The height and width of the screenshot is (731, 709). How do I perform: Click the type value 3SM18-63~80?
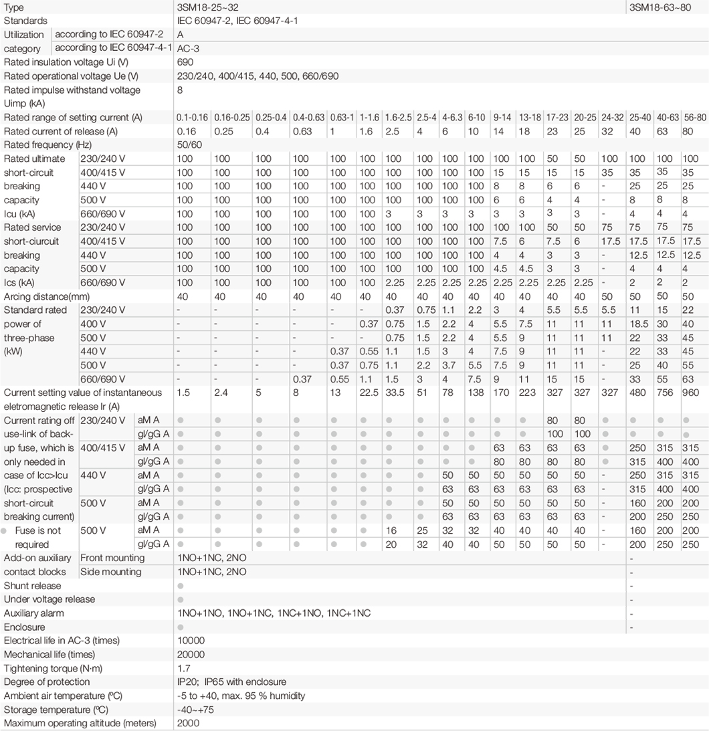660,7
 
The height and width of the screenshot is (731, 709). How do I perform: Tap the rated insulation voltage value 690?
185,62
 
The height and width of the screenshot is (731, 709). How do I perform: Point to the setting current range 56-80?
694,118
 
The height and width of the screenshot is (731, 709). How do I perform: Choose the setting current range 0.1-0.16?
193,118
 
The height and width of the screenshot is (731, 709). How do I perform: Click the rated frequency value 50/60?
190,144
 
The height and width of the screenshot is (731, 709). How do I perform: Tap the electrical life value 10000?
191,640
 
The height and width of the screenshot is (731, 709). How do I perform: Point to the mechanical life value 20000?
191,654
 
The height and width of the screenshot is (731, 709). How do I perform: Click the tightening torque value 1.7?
184,668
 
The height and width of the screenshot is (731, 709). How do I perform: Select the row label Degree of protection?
47,682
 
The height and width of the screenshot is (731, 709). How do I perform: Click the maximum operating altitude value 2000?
188,723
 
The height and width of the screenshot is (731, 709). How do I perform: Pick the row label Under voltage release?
49,599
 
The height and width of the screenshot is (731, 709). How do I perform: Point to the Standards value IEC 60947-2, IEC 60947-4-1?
237,21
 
